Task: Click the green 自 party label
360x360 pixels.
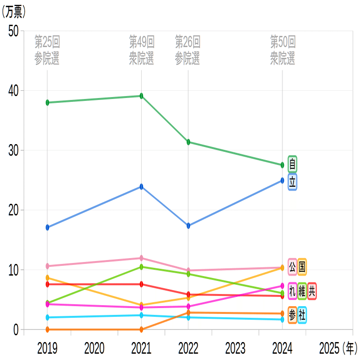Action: tap(292, 164)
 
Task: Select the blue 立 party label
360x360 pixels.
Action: tap(292, 182)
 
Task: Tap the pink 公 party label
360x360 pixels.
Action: tap(292, 266)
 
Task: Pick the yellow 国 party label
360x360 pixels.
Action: tap(302, 266)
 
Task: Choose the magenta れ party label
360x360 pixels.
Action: tap(292, 291)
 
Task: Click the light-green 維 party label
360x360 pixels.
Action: tap(302, 291)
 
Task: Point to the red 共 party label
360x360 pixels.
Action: tap(312, 291)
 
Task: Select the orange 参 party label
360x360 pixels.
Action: tap(292, 314)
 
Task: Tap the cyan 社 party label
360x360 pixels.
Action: tap(302, 314)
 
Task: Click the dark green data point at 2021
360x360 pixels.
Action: tap(141, 96)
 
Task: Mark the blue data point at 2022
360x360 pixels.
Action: tap(188, 226)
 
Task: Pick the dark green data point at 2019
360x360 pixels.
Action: tap(47, 102)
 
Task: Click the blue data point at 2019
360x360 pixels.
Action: tap(47, 227)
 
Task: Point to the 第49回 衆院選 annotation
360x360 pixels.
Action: tap(141, 50)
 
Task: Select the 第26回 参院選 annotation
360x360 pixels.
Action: tap(188, 50)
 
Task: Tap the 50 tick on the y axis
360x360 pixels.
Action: tap(14, 31)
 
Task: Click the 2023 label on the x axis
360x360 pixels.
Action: tap(235, 348)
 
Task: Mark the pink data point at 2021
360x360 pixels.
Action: tap(141, 258)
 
